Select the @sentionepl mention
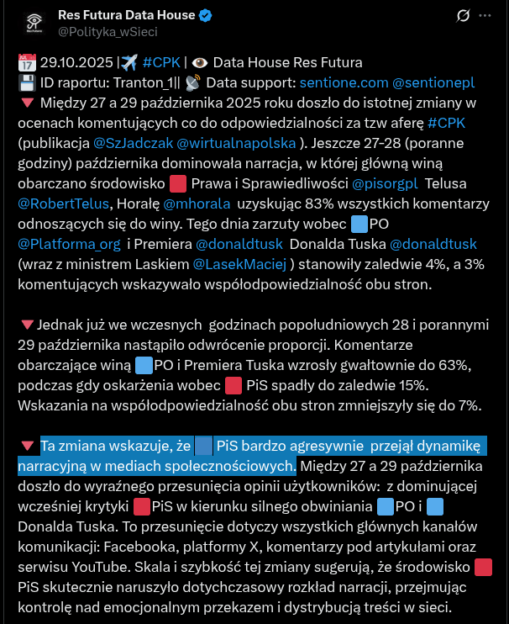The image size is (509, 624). tap(433, 82)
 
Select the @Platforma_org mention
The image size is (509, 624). tap(70, 244)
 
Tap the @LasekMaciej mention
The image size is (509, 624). tap(241, 264)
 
